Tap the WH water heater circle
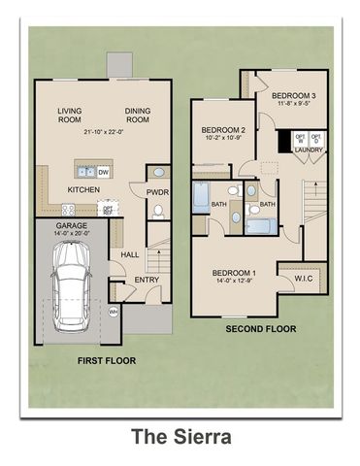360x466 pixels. (114, 312)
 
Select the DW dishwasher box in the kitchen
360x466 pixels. (103, 172)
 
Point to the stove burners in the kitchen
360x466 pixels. (70, 208)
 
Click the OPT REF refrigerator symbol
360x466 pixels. (108, 209)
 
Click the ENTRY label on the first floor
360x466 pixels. (147, 280)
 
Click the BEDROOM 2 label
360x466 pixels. (222, 130)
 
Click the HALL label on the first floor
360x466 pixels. (130, 254)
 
